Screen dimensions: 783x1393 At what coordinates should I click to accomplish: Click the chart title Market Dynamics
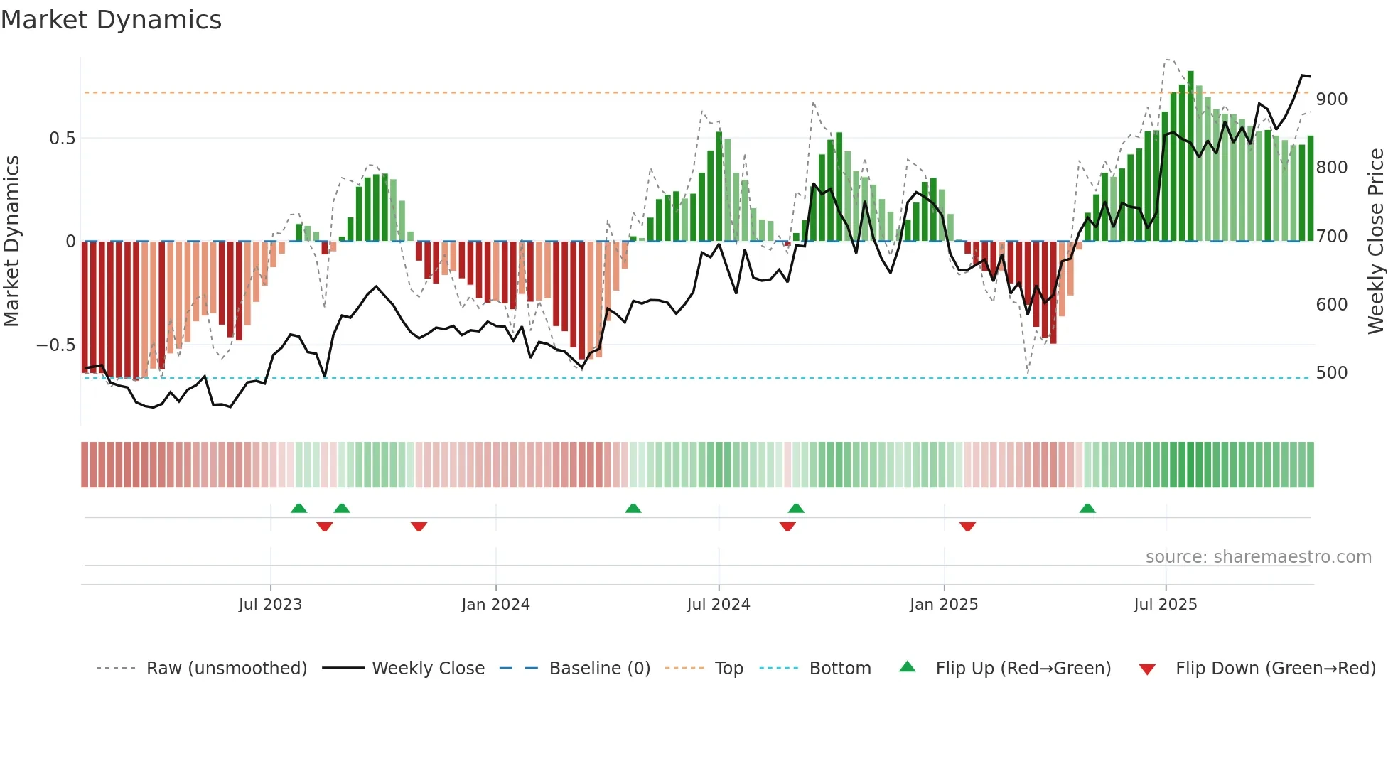point(112,20)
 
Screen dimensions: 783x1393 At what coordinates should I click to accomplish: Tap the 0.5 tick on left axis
point(62,139)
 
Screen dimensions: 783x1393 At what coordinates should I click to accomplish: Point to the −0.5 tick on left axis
point(55,345)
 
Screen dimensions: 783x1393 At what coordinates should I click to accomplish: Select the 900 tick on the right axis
point(1331,99)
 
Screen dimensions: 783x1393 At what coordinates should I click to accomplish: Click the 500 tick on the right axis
point(1331,373)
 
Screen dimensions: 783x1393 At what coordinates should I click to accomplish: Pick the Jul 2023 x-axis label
point(270,605)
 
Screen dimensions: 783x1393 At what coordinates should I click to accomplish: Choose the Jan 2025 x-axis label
point(944,605)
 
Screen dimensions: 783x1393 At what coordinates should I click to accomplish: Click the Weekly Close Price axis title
point(1376,242)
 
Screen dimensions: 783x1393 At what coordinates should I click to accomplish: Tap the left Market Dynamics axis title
point(11,242)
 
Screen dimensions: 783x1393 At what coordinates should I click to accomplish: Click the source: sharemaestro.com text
point(1258,557)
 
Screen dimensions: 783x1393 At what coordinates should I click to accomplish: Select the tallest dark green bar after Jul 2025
point(1190,156)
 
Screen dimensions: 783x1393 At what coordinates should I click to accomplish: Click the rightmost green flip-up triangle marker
point(1087,508)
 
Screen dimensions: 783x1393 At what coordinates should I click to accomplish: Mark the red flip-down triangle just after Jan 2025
point(967,526)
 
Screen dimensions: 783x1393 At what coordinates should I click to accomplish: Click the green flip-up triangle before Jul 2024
point(633,508)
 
